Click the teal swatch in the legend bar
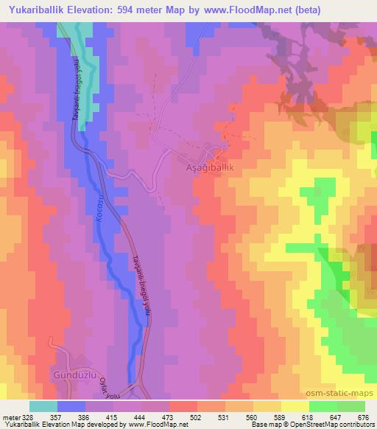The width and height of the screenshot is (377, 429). click(x=44, y=406)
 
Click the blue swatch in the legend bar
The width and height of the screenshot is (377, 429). click(x=71, y=406)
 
